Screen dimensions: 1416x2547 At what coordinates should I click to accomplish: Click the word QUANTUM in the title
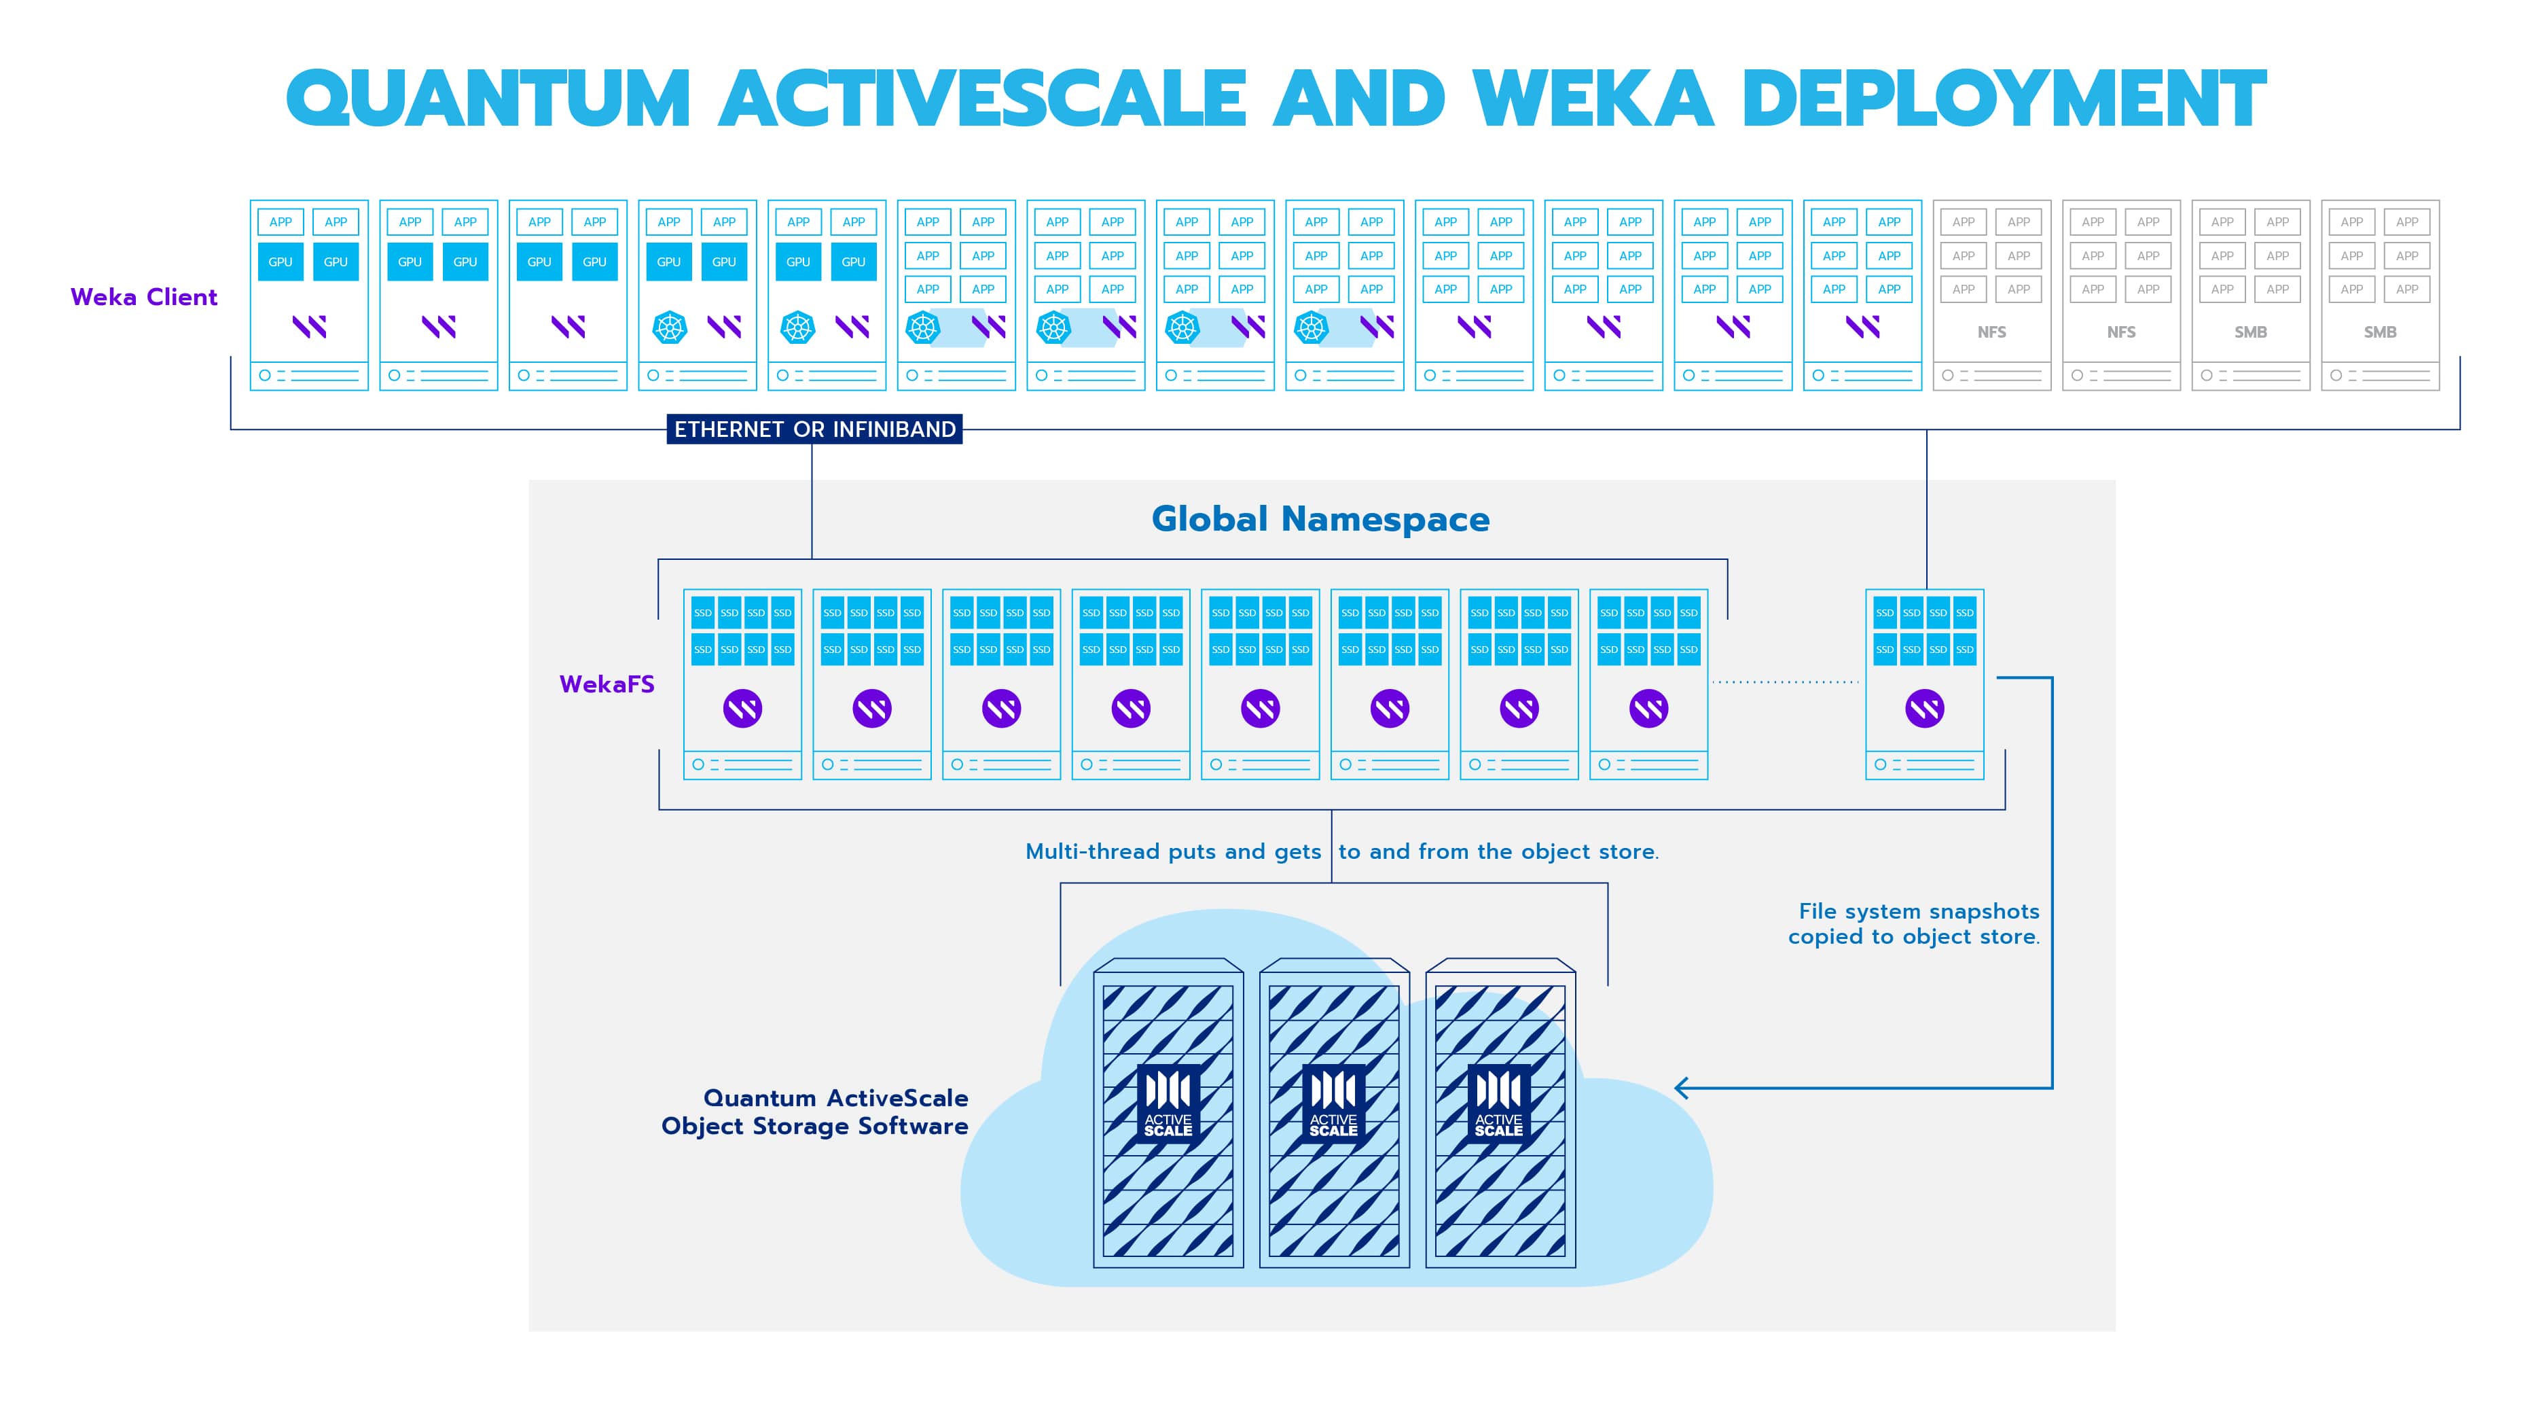tap(488, 99)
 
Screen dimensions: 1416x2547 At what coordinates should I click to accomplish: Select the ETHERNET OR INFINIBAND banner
tap(815, 429)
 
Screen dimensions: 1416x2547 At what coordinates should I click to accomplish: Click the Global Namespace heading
tap(1320, 519)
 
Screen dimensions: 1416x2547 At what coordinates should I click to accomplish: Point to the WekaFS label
tap(606, 684)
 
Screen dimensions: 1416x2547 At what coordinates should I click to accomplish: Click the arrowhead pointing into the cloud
tap(1681, 1088)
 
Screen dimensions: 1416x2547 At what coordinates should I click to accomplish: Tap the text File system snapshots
tap(1918, 910)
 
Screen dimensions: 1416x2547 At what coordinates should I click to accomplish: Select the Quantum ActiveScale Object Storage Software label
tap(815, 1112)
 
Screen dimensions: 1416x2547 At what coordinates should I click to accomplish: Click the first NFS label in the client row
tap(1991, 332)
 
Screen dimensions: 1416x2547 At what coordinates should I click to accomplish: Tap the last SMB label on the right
tap(2380, 332)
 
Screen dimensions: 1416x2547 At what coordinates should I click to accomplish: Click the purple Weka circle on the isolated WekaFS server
tap(1924, 708)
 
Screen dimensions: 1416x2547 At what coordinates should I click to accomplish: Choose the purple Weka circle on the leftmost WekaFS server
tap(742, 708)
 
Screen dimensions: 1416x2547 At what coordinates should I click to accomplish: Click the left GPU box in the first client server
tap(281, 262)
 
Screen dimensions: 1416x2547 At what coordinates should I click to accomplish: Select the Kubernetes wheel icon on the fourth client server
tap(670, 328)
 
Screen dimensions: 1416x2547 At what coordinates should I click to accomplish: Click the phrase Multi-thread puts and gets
tap(1173, 851)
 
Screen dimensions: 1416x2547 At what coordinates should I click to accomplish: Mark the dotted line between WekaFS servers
tap(1785, 682)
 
